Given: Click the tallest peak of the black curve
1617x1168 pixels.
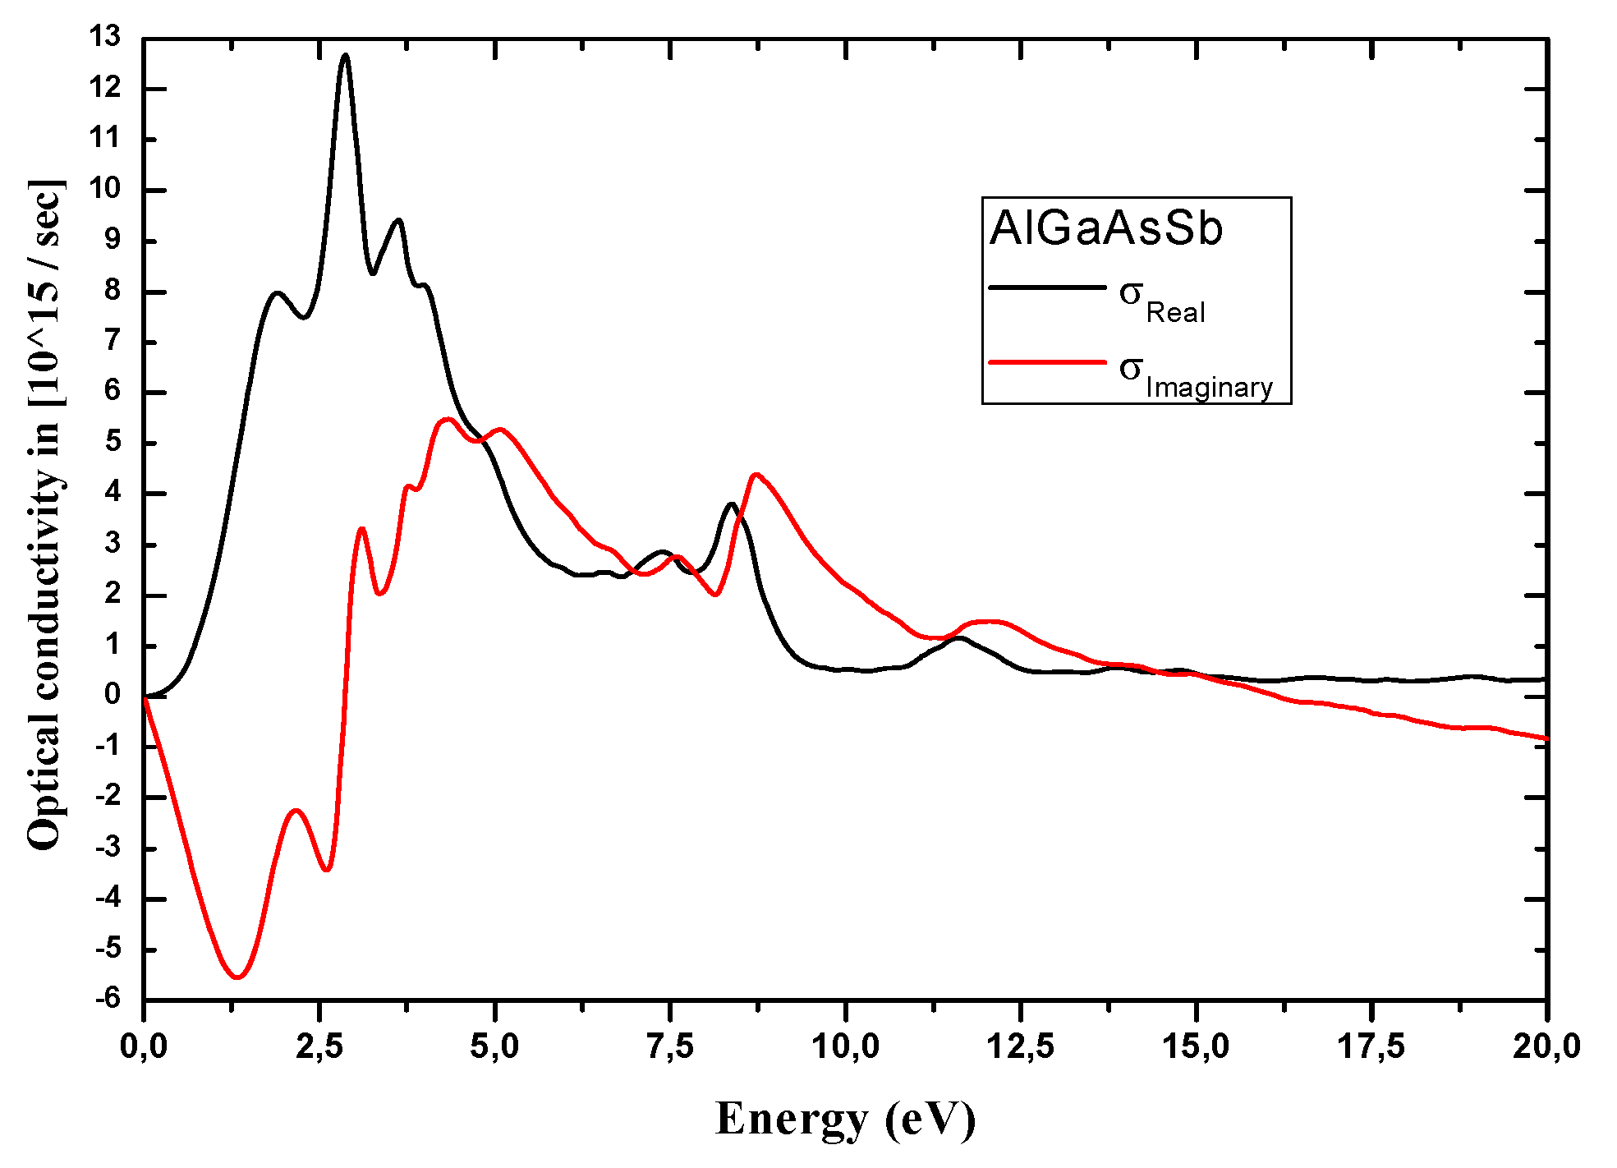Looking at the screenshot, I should (346, 56).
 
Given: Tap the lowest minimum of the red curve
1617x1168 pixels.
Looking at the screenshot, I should (237, 977).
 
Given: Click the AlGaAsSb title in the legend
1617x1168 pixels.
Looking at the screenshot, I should (1105, 228).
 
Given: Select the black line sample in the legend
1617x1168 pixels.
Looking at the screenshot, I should (1047, 287).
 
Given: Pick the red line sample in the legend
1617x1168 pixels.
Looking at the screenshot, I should (1047, 361).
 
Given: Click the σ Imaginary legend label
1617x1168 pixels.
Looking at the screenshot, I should (1195, 376).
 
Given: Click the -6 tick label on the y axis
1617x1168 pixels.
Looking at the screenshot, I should (107, 999).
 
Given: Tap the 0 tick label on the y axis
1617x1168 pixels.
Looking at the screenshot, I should (113, 695).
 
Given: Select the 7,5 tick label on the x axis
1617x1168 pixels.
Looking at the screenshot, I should (670, 1046).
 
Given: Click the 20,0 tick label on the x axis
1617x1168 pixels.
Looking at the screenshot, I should (1547, 1046).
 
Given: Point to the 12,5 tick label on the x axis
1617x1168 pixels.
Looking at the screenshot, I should (1021, 1046).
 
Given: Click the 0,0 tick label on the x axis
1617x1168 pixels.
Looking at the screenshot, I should (144, 1046).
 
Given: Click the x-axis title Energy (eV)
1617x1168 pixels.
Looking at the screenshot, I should (845, 1119).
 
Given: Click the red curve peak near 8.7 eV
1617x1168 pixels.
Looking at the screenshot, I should (756, 475).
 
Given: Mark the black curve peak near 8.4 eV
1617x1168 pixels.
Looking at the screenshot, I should (731, 504).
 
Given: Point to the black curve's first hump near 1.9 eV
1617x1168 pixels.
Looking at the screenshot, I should (278, 292).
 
